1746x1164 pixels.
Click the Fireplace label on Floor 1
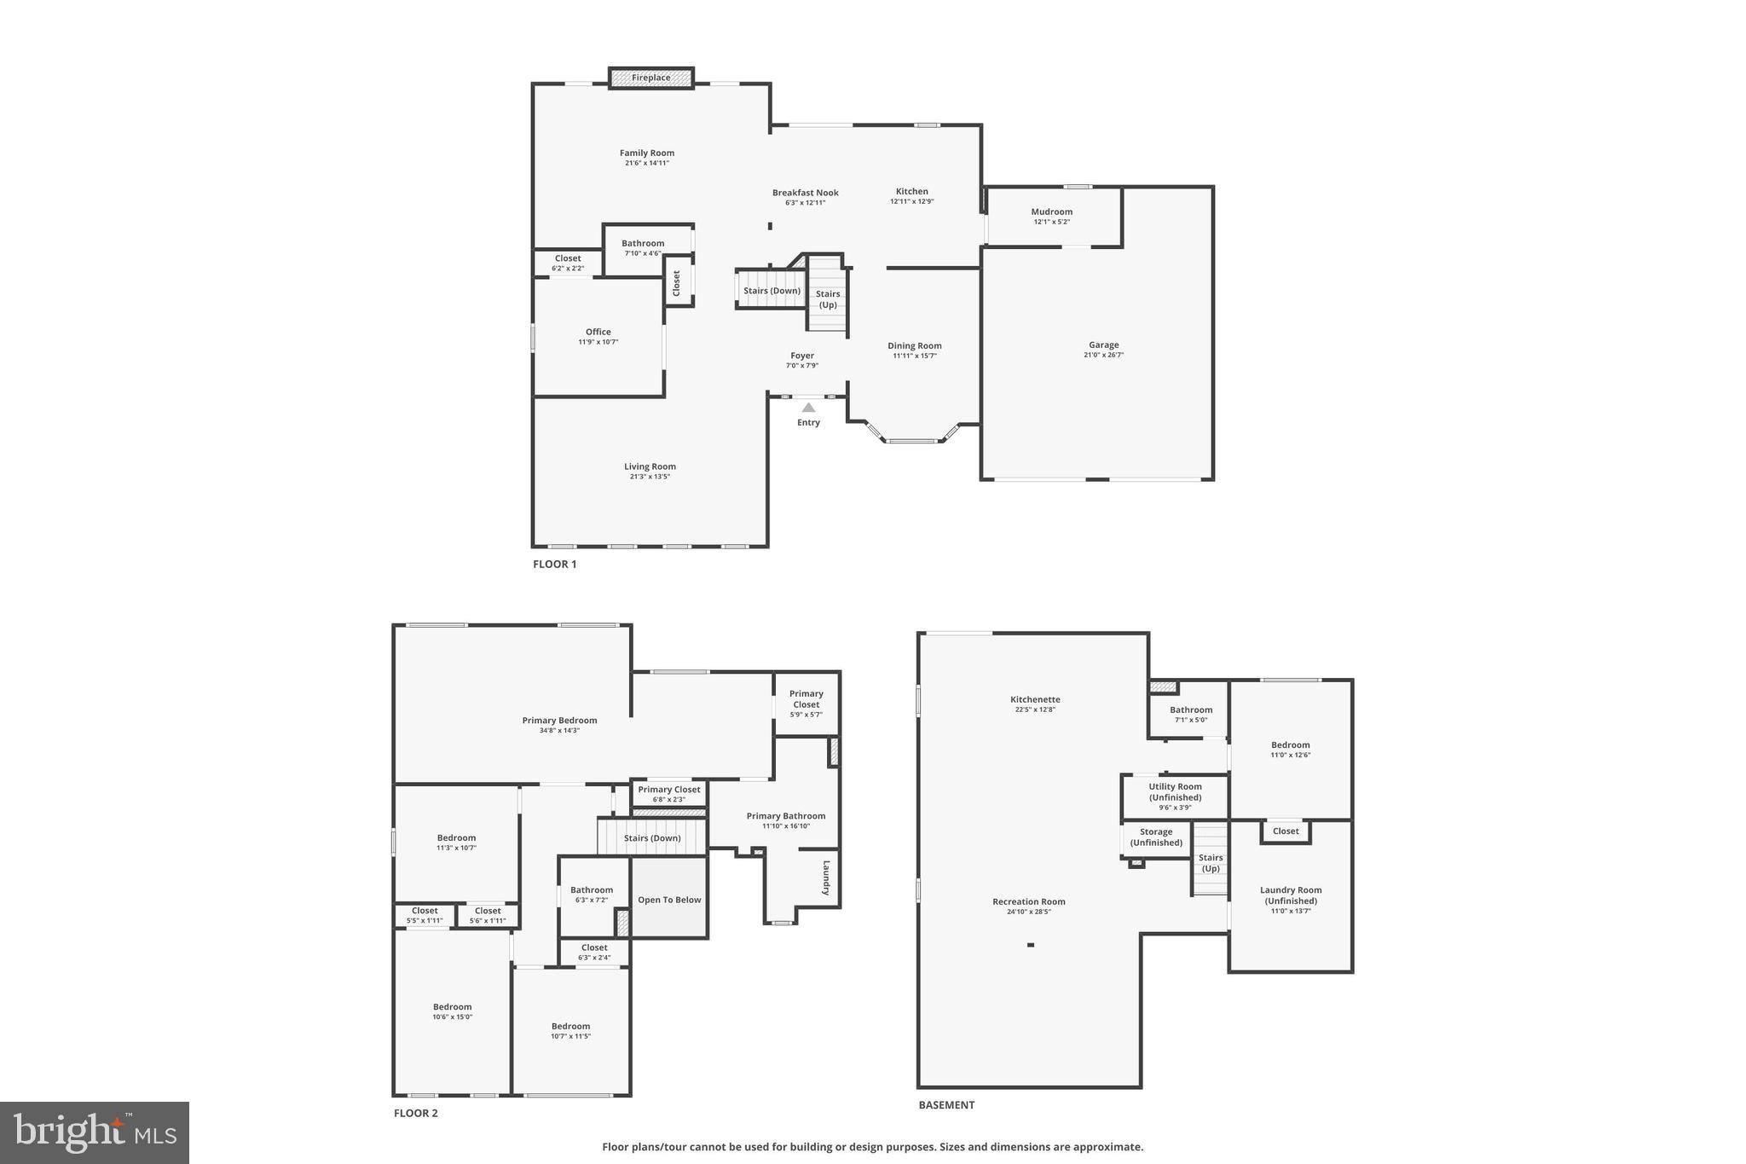650,78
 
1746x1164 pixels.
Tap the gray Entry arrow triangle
808,408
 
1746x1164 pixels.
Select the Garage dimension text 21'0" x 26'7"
1103,355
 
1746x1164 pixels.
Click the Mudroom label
1051,211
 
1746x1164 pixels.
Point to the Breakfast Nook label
805,193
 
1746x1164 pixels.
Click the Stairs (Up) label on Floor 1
828,298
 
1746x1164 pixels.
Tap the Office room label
598,332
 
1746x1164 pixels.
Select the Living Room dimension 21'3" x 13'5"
650,477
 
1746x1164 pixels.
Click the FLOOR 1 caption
554,564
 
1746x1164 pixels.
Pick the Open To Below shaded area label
669,900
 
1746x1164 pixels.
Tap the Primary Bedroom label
559,721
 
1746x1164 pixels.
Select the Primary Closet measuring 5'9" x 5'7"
806,704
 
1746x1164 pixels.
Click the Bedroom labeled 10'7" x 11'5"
570,1031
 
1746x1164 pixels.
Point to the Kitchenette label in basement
1035,699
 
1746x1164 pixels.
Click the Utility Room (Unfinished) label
1175,792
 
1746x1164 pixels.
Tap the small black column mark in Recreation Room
1030,945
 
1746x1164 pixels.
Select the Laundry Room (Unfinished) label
1291,895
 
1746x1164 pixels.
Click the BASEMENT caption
945,1104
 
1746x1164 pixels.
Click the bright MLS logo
95,1132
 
